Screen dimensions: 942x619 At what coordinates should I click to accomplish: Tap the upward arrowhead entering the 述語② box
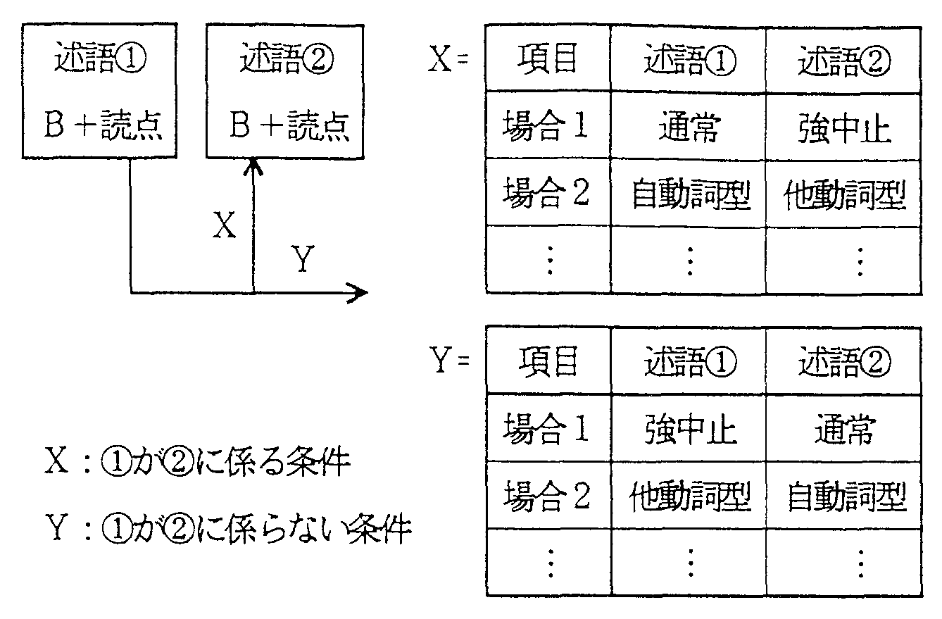coord(253,167)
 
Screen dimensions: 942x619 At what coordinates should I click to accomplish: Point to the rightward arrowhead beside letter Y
coord(358,292)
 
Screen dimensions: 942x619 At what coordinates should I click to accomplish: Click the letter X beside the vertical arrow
coord(224,225)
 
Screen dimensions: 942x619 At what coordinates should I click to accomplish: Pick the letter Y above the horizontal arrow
coord(303,258)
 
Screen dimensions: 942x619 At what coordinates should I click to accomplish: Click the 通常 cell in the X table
coord(689,126)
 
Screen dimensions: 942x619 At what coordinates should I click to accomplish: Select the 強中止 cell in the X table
coord(843,127)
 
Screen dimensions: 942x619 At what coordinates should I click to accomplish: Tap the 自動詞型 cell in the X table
coord(689,193)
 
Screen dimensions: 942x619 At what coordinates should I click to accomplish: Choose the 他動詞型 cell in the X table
coord(843,194)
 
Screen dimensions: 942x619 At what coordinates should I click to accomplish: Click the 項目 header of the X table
coord(548,58)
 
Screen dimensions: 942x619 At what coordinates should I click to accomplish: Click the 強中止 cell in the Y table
coord(689,428)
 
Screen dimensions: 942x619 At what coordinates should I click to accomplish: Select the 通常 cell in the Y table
coord(844,429)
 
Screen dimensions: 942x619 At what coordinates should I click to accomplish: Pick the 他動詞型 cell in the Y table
coord(689,495)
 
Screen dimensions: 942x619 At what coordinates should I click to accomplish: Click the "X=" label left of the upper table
coord(448,58)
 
